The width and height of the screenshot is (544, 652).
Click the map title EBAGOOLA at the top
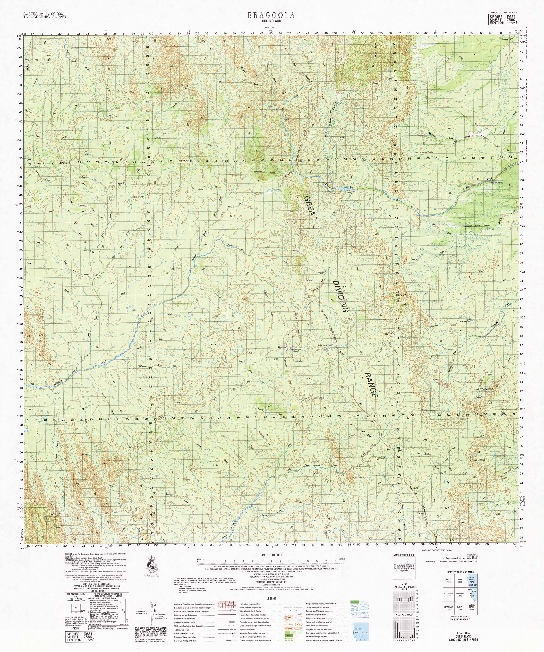click(x=271, y=15)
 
